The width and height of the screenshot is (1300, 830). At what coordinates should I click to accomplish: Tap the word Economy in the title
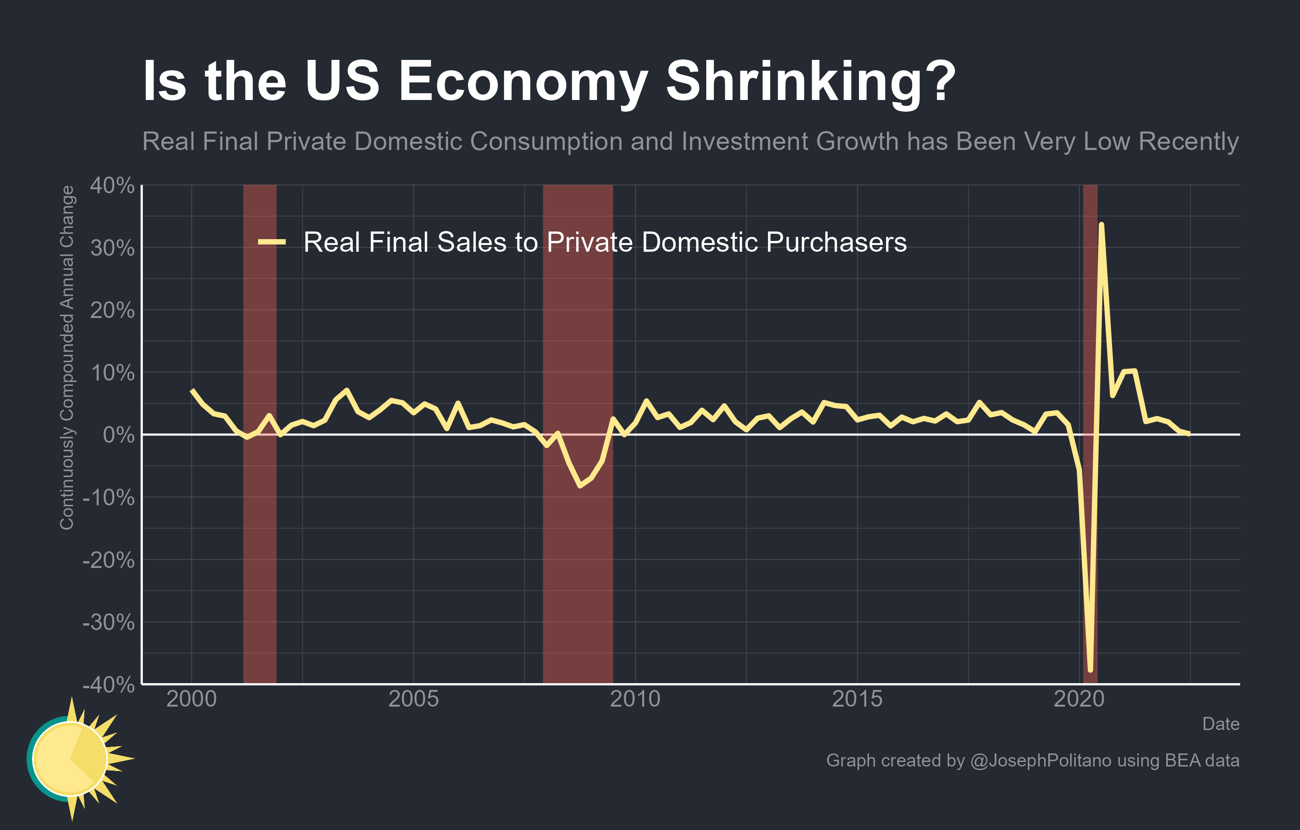pyautogui.click(x=523, y=82)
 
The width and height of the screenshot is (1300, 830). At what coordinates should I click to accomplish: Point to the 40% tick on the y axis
pyautogui.click(x=112, y=186)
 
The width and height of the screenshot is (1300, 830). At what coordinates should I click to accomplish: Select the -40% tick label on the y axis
pyautogui.click(x=109, y=685)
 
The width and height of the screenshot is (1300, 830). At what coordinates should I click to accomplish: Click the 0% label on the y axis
pyautogui.click(x=119, y=435)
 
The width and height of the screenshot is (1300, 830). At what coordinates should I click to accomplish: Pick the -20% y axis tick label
pyautogui.click(x=109, y=560)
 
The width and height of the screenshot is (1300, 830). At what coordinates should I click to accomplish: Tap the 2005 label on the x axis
pyautogui.click(x=414, y=699)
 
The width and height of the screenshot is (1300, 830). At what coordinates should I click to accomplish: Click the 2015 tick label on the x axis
pyautogui.click(x=857, y=699)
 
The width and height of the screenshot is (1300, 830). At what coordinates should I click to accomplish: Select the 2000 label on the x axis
pyautogui.click(x=191, y=699)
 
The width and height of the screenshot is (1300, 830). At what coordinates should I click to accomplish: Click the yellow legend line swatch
pyautogui.click(x=272, y=242)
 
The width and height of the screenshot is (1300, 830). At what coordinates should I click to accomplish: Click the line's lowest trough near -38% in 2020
pyautogui.click(x=1091, y=670)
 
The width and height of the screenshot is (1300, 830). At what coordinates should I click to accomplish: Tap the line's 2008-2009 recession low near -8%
pyautogui.click(x=580, y=485)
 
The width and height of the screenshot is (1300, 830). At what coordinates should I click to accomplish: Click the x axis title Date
pyautogui.click(x=1221, y=724)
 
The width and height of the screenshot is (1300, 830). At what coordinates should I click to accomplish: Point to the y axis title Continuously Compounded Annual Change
pyautogui.click(x=67, y=357)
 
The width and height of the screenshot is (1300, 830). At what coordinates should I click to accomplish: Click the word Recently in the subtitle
pyautogui.click(x=1188, y=141)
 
